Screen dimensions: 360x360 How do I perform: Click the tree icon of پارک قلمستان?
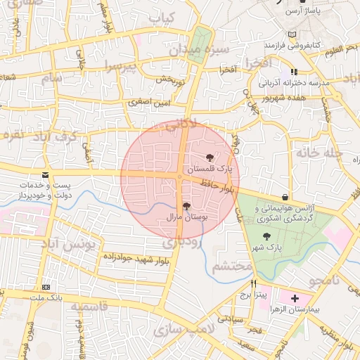(x=210, y=157)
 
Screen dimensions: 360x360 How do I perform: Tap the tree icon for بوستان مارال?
(x=186, y=206)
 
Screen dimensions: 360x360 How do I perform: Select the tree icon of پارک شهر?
(x=265, y=236)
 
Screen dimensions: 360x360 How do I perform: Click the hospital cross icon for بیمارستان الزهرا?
(x=295, y=299)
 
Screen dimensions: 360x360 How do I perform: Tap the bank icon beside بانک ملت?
(x=46, y=288)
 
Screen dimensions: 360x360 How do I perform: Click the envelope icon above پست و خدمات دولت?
(x=46, y=174)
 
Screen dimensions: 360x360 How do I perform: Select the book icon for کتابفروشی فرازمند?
(x=292, y=34)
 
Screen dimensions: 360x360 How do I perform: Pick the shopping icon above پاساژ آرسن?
(x=303, y=2)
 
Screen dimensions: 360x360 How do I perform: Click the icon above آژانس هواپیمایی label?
(x=284, y=198)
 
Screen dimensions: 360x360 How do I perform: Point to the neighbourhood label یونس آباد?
(x=73, y=245)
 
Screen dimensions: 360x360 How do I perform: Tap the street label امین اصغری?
(x=148, y=103)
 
